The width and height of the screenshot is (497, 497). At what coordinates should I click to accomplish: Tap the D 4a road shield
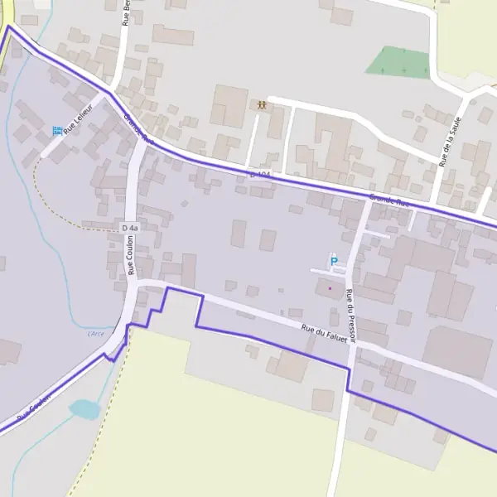(x=129, y=228)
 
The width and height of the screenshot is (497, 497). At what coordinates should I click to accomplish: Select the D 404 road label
(x=260, y=176)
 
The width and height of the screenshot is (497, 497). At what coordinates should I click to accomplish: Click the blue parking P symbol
(x=335, y=263)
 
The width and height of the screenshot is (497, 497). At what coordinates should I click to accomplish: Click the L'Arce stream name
(x=97, y=333)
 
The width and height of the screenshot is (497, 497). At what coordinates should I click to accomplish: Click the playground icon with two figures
(x=262, y=105)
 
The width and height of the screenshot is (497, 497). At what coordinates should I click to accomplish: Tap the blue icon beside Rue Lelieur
(x=57, y=130)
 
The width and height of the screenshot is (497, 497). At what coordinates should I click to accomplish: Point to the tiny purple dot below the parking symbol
(x=330, y=288)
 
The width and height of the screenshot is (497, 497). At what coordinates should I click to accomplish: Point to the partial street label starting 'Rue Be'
(x=126, y=15)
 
